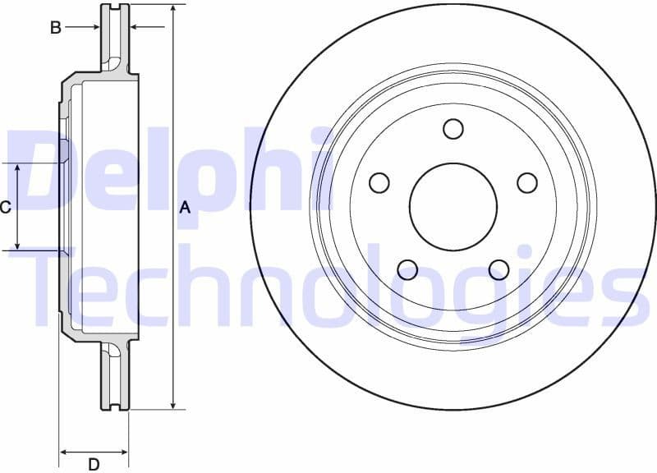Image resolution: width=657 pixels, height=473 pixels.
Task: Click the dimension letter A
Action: (x=185, y=208)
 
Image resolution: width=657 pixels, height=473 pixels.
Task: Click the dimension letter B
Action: (x=56, y=27)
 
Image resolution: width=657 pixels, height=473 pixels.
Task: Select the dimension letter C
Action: (x=5, y=207)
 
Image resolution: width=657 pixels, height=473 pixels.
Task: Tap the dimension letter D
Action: (x=94, y=464)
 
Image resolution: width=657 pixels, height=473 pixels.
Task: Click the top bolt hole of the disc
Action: (x=453, y=129)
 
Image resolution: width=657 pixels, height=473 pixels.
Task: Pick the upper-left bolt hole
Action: (x=379, y=182)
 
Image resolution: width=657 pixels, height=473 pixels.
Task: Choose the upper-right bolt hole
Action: (x=527, y=182)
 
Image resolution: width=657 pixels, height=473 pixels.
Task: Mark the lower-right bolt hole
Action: (x=498, y=269)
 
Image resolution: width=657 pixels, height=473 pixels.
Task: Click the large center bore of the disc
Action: (x=453, y=207)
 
